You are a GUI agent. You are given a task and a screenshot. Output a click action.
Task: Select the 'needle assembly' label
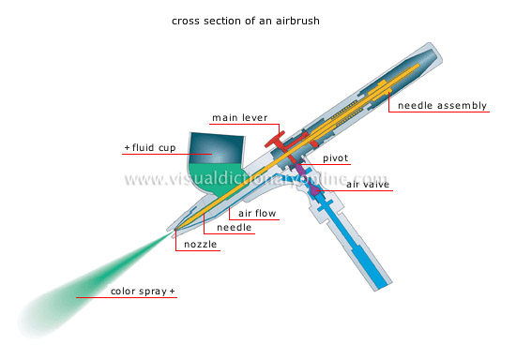442,105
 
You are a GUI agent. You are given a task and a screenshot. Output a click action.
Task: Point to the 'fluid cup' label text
155,147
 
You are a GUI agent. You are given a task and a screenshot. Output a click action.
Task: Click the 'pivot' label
336,159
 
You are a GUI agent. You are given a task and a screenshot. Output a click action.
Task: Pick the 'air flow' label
257,214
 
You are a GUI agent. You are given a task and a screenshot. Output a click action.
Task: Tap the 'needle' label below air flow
235,228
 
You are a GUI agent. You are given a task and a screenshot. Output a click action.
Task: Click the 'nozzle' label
201,245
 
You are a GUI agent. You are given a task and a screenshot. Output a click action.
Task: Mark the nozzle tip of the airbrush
176,230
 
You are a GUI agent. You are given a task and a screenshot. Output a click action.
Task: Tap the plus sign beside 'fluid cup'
128,147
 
